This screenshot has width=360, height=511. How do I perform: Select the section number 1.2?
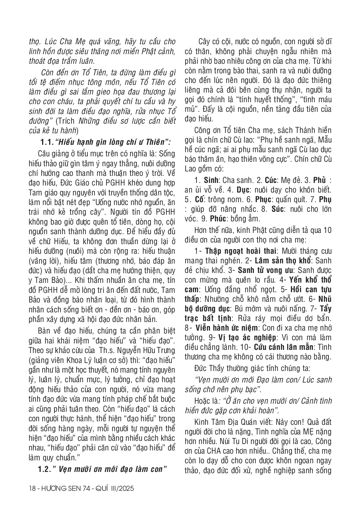[x=45, y=469]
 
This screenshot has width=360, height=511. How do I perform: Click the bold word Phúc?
[x=219, y=219]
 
